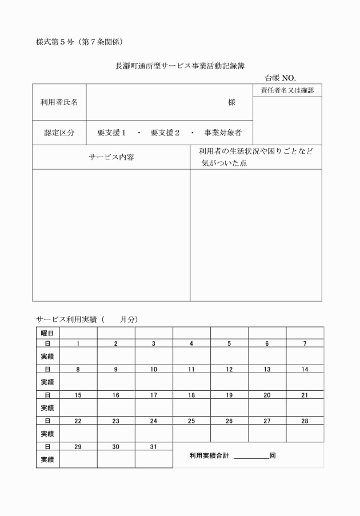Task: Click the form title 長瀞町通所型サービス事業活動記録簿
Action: pyautogui.click(x=180, y=66)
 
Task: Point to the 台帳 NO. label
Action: pyautogui.click(x=280, y=78)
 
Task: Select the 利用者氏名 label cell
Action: pyautogui.click(x=59, y=102)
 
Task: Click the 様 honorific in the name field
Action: pyautogui.click(x=231, y=102)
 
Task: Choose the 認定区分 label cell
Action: pyautogui.click(x=59, y=133)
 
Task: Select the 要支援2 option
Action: pyautogui.click(x=165, y=133)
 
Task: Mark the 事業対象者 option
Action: pyautogui.click(x=223, y=133)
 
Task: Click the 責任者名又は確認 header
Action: pyautogui.click(x=287, y=90)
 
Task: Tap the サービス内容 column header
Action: pyautogui.click(x=111, y=157)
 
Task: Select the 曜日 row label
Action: pyautogui.click(x=47, y=333)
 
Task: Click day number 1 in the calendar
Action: pyautogui.click(x=78, y=343)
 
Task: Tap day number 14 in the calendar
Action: pyautogui.click(x=305, y=369)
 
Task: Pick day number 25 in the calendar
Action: pyautogui.click(x=191, y=421)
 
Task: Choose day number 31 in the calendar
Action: pyautogui.click(x=154, y=446)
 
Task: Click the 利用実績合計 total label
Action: pyautogui.click(x=209, y=456)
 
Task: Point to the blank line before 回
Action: pyautogui.click(x=251, y=457)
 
